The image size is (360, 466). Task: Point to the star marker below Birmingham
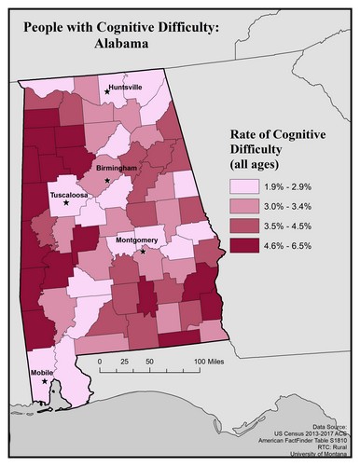tap(108, 179)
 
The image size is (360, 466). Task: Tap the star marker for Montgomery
tap(143, 251)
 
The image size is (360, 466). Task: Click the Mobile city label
tap(41, 370)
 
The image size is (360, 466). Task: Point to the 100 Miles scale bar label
tap(214, 359)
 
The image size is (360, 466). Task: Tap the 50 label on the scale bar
tap(149, 359)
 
